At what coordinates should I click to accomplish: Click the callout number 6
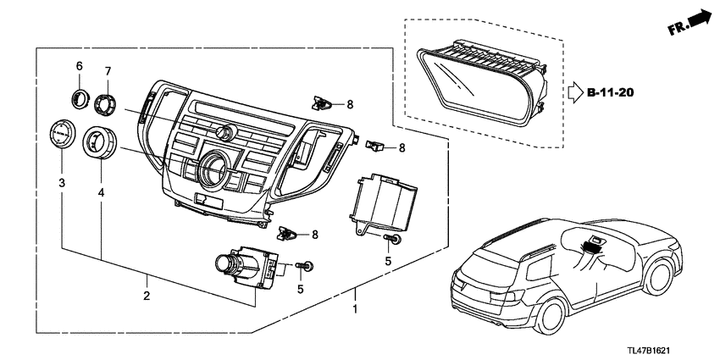pos(80,66)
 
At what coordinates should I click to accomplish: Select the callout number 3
pos(62,183)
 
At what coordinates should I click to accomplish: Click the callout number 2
pos(147,296)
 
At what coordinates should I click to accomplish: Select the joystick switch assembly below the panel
pos(246,268)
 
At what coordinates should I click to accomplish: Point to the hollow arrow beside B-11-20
pos(575,90)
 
